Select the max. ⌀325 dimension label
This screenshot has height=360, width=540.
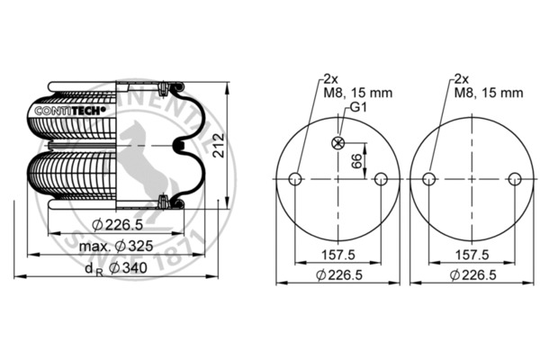pyautogui.click(x=111, y=246)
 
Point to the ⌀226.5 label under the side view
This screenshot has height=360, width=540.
pyautogui.click(x=111, y=225)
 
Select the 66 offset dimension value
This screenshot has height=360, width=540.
pyautogui.click(x=357, y=162)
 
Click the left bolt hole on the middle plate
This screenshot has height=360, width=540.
pyautogui.click(x=294, y=179)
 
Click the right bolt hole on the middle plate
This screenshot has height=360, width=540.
pyautogui.click(x=382, y=179)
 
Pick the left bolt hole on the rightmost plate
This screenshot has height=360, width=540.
pyautogui.click(x=429, y=179)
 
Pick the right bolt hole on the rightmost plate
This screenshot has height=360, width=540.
pyautogui.click(x=515, y=179)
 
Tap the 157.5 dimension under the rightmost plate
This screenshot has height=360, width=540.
pyautogui.click(x=472, y=256)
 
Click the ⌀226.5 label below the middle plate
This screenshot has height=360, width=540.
pyautogui.click(x=338, y=275)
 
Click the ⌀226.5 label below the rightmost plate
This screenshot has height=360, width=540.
pyautogui.click(x=472, y=275)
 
